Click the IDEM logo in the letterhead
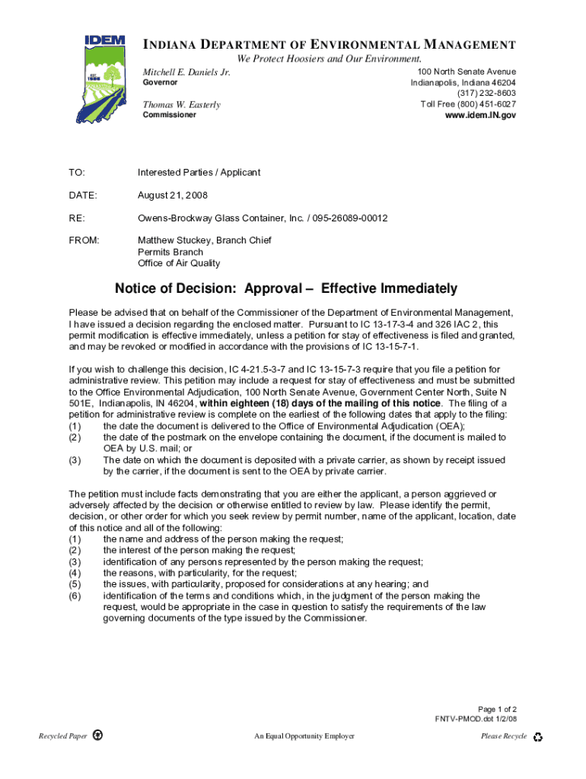click(105, 78)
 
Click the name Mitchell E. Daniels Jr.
click(186, 72)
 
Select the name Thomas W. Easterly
click(182, 104)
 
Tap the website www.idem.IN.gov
click(480, 115)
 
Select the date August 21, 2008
click(172, 196)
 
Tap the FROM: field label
click(84, 240)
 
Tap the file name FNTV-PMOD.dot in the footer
click(465, 719)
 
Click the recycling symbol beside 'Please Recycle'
click(538, 736)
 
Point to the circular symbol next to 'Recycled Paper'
click(97, 736)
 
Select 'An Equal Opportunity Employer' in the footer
click(304, 736)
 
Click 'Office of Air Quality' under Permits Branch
click(179, 263)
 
